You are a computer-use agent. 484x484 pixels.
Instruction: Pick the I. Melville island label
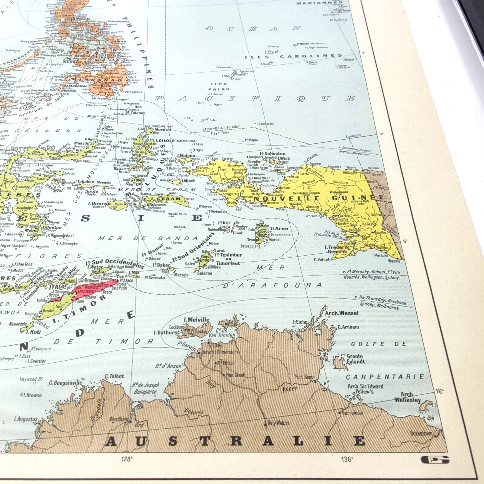click(x=196, y=320)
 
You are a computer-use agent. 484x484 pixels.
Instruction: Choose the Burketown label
click(x=421, y=433)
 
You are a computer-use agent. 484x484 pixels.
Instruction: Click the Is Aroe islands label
click(x=279, y=228)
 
